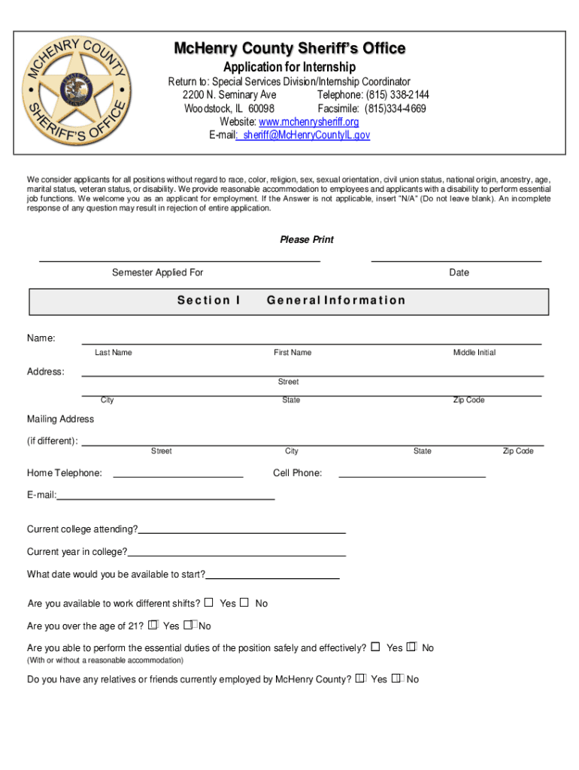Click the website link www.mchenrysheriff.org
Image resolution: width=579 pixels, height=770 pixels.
coord(308,122)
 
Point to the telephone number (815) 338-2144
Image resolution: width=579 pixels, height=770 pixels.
coord(398,95)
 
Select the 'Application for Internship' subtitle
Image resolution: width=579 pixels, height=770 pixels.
coord(289,67)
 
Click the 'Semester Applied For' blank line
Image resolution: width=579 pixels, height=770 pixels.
coord(180,260)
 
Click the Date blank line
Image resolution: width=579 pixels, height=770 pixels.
coord(456,260)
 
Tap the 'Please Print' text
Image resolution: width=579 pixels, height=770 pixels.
coord(307,240)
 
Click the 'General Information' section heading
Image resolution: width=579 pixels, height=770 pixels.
coord(336,300)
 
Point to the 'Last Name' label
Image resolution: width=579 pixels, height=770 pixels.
coord(114,353)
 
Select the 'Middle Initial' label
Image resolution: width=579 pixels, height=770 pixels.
coord(474,353)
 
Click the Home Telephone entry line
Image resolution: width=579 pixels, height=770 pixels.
coord(177,476)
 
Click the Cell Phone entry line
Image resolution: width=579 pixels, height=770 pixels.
coord(412,476)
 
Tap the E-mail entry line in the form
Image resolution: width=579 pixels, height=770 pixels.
coord(165,499)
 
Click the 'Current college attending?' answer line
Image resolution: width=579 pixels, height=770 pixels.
coord(241,532)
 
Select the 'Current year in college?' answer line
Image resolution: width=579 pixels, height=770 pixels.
coord(236,555)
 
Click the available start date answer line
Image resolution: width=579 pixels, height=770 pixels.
coord(272,577)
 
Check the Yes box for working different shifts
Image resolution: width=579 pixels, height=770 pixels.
coord(209,602)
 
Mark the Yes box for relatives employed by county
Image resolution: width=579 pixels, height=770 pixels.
coord(361,678)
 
